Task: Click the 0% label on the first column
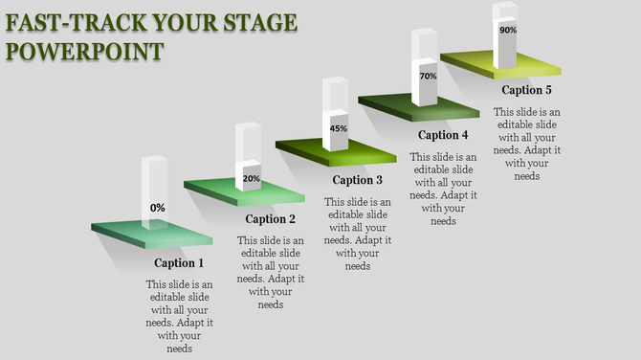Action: click(157, 208)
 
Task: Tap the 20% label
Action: click(251, 178)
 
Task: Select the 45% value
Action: click(338, 128)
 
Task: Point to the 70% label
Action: click(428, 77)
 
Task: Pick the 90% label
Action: click(508, 31)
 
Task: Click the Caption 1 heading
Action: click(180, 263)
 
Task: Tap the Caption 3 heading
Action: click(358, 179)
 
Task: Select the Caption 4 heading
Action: click(443, 135)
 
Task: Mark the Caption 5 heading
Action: click(527, 91)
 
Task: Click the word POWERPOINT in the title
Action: click(83, 50)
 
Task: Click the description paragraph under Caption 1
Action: click(180, 317)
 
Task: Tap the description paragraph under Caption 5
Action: click(527, 144)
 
